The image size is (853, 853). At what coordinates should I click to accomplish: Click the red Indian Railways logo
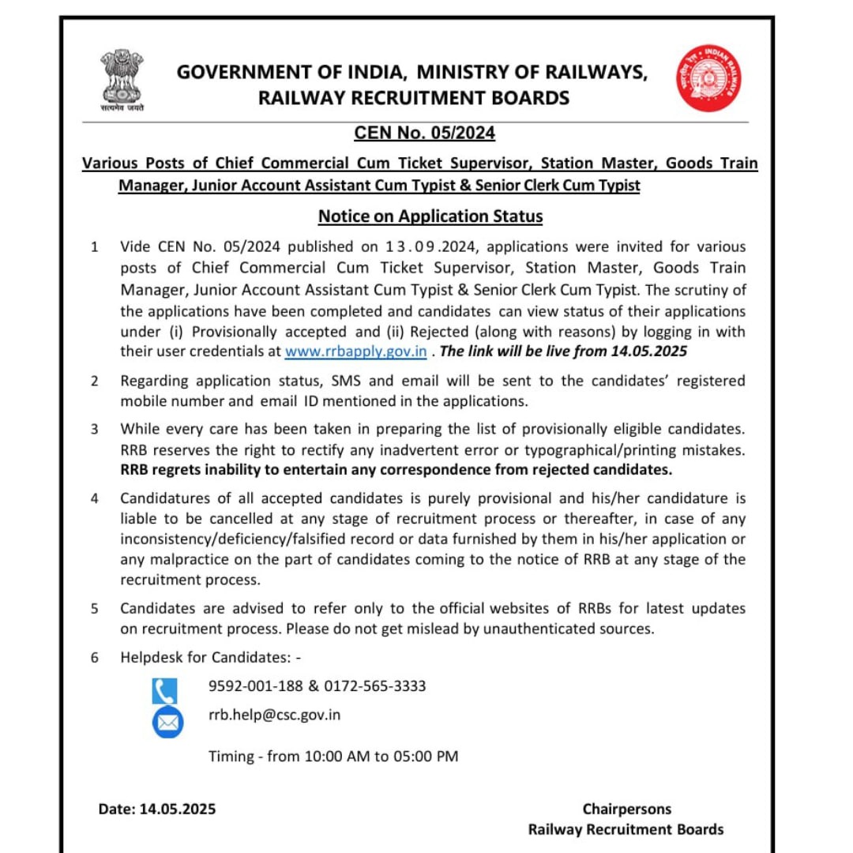coord(708,77)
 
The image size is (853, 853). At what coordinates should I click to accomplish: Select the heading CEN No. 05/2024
coord(427,133)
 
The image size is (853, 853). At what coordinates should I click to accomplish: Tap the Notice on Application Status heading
coord(430,216)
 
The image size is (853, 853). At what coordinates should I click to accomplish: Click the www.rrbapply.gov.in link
coord(355,351)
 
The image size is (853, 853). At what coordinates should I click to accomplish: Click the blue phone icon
coord(165,691)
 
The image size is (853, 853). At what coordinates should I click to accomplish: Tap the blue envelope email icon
coord(167,723)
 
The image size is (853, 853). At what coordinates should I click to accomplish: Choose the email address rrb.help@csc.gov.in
coord(274,715)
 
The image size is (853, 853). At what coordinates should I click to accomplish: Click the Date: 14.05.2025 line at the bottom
coord(156,809)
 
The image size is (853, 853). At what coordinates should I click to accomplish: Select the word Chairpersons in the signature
coord(626,809)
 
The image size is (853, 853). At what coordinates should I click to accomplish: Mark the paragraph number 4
coord(95,498)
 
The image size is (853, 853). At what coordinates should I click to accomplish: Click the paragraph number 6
coord(95,657)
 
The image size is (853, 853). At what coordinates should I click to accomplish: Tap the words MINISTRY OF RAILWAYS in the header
coord(532,73)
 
